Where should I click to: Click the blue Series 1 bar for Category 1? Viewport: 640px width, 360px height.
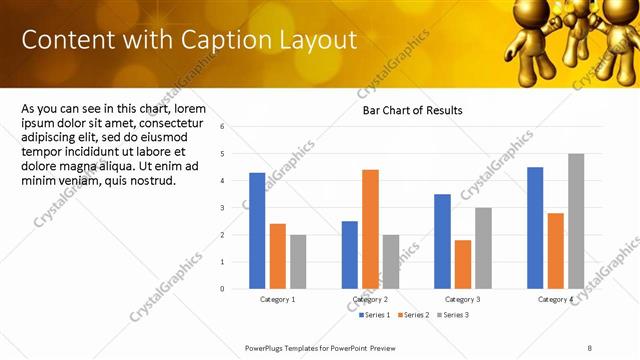tap(257, 231)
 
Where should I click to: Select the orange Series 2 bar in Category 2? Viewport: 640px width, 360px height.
tap(370, 229)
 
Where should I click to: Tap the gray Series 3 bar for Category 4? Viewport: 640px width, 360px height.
tap(576, 221)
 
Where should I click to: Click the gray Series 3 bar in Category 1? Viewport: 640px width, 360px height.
tap(298, 262)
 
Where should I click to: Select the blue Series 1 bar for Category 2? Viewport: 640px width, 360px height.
tap(350, 255)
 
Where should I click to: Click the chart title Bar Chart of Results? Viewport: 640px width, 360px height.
tap(412, 111)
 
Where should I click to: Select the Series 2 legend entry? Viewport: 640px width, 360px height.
tap(415, 315)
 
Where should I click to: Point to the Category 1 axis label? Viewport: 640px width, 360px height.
tap(278, 300)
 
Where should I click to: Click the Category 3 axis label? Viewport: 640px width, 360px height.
tap(463, 300)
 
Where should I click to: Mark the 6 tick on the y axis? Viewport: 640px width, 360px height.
tap(235, 127)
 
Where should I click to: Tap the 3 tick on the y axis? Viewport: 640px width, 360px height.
tap(235, 208)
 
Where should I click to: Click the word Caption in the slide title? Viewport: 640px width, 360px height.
tap(222, 40)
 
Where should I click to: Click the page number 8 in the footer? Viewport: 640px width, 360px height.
tap(590, 347)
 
